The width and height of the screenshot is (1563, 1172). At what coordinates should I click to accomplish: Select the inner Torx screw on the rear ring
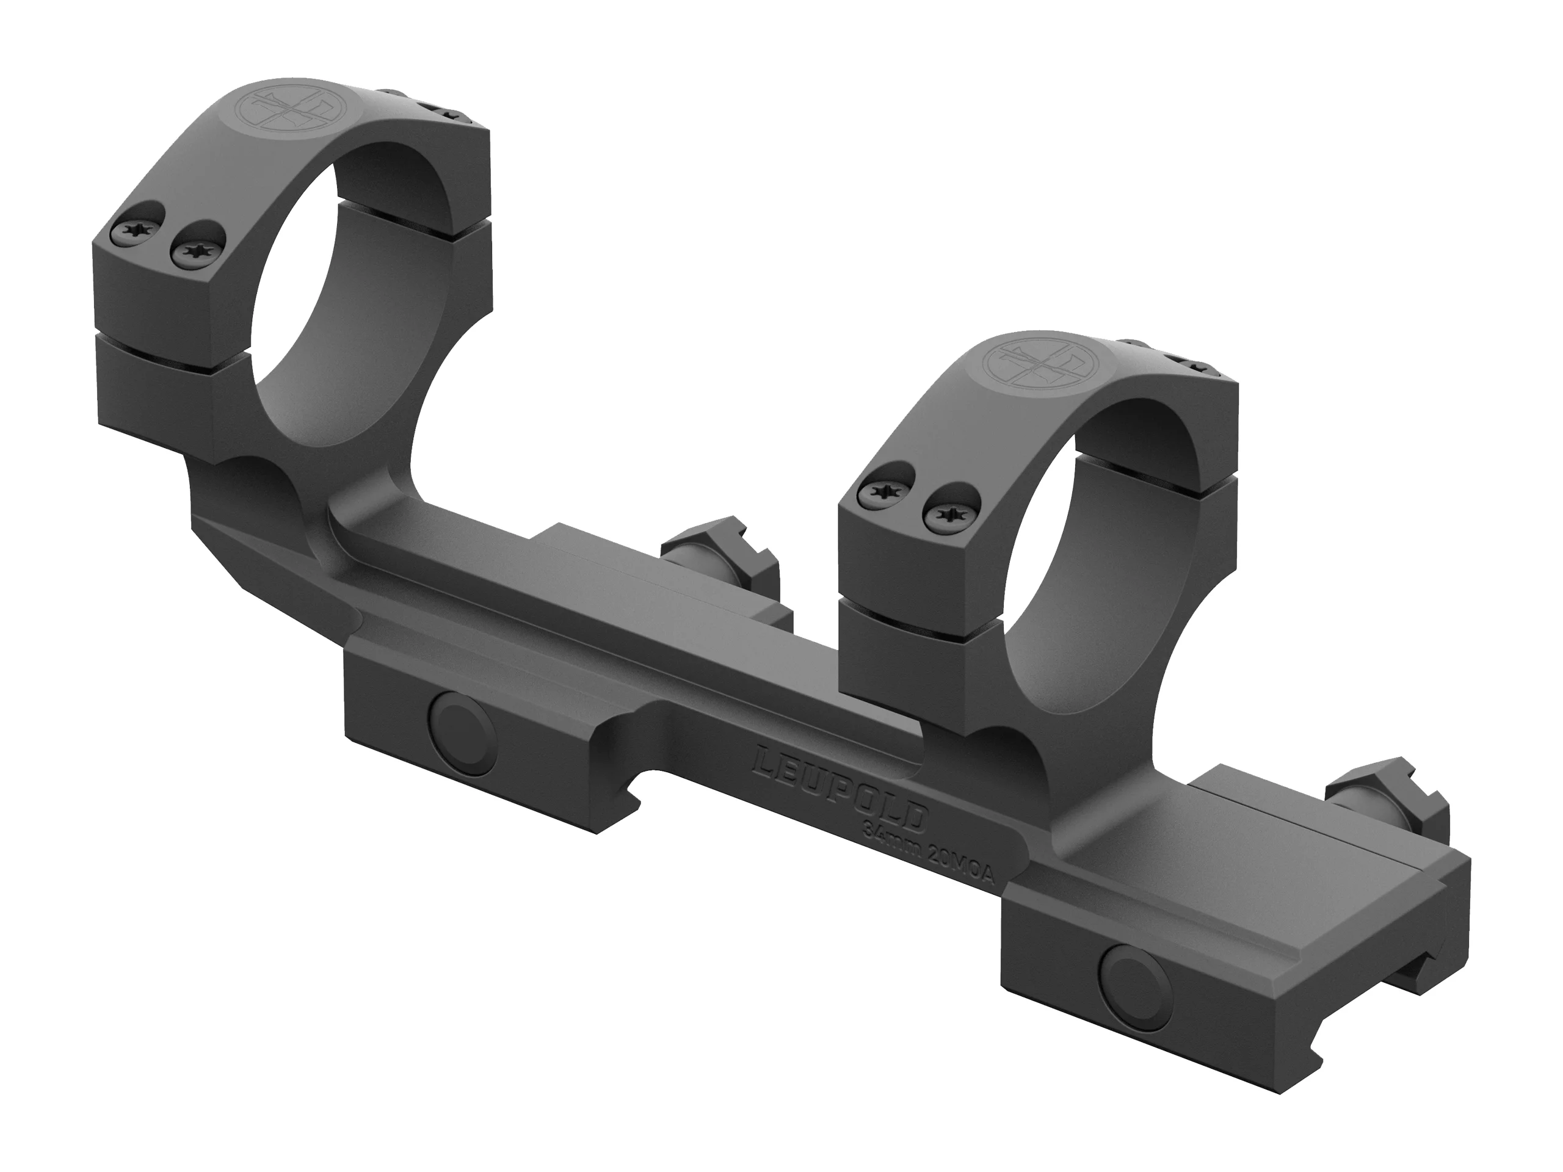pos(194,250)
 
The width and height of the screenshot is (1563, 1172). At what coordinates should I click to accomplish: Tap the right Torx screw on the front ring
pos(949,513)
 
